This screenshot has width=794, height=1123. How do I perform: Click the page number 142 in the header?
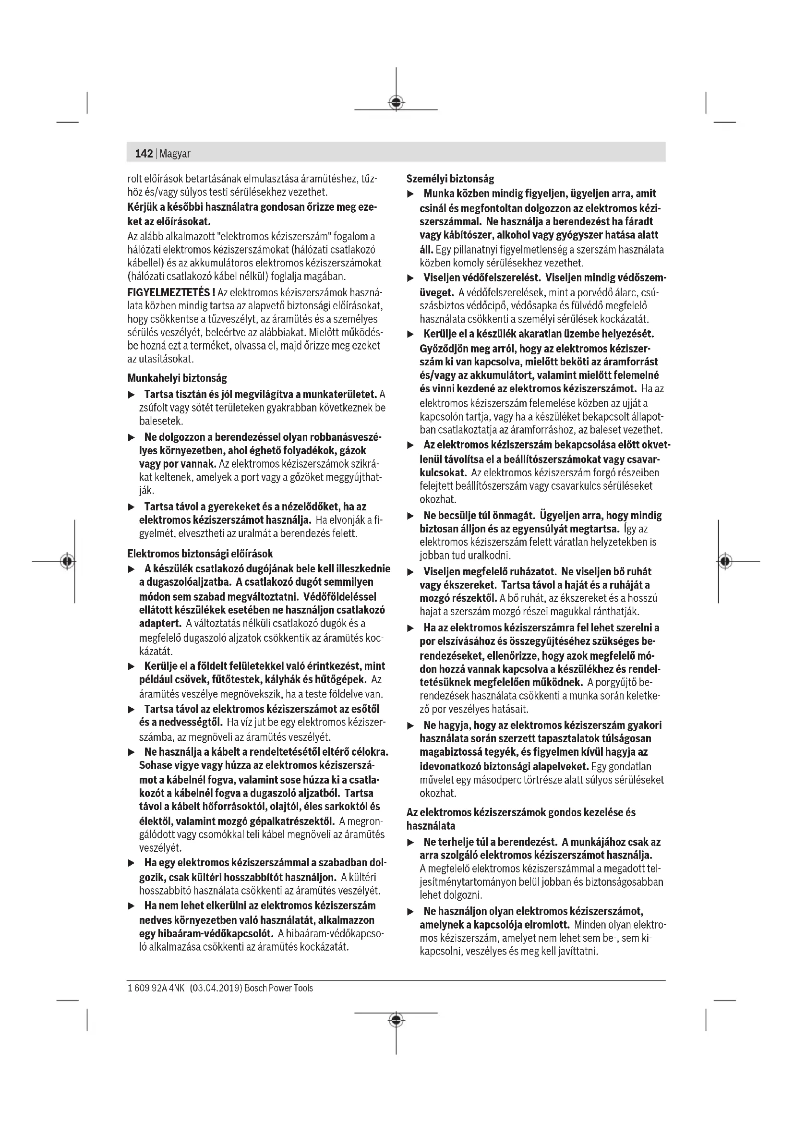tap(144, 154)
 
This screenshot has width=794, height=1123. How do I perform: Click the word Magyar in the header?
tap(175, 154)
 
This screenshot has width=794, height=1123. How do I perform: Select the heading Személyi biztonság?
tap(450, 179)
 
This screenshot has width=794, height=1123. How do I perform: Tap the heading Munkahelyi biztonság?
tap(177, 378)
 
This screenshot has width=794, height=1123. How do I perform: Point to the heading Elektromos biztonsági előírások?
tap(200, 554)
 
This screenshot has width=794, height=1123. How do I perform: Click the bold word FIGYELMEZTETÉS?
tap(169, 292)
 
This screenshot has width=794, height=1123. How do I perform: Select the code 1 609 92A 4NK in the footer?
tap(156, 988)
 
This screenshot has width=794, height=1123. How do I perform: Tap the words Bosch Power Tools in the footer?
tap(279, 988)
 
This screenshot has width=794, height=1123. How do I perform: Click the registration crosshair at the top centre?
tap(396, 103)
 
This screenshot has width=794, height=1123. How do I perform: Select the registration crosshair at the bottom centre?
tap(396, 1020)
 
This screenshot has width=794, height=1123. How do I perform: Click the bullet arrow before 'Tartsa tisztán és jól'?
tap(131, 395)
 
